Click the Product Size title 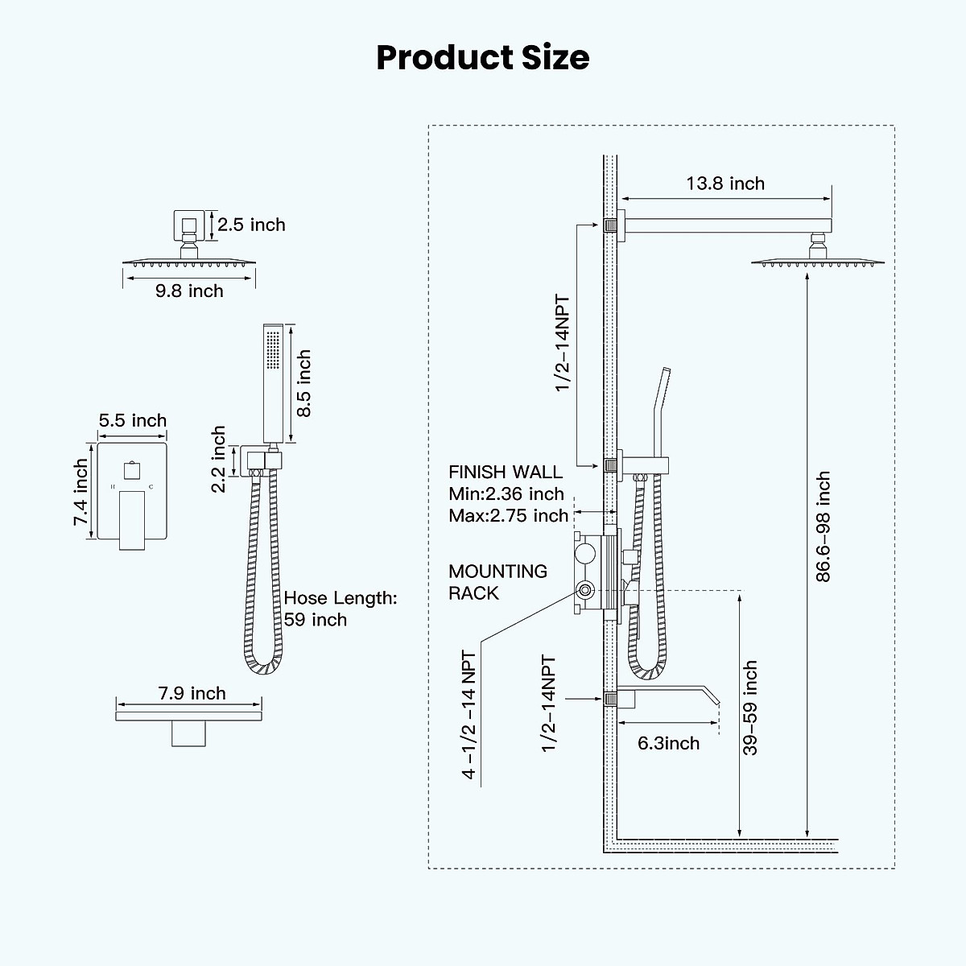click(x=483, y=58)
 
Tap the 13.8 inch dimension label click(x=725, y=184)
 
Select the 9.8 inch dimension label click(x=189, y=291)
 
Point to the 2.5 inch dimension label click(x=251, y=225)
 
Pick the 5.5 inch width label click(x=133, y=420)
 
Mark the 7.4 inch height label click(x=81, y=493)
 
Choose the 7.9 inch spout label click(x=192, y=693)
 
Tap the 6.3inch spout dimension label click(x=668, y=742)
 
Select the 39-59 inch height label click(x=750, y=708)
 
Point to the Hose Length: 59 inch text click(x=340, y=609)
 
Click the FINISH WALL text click(x=506, y=472)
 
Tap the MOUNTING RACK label click(x=497, y=582)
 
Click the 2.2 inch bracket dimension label click(x=219, y=460)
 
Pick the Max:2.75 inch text click(x=508, y=515)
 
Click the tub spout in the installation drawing click(x=668, y=694)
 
